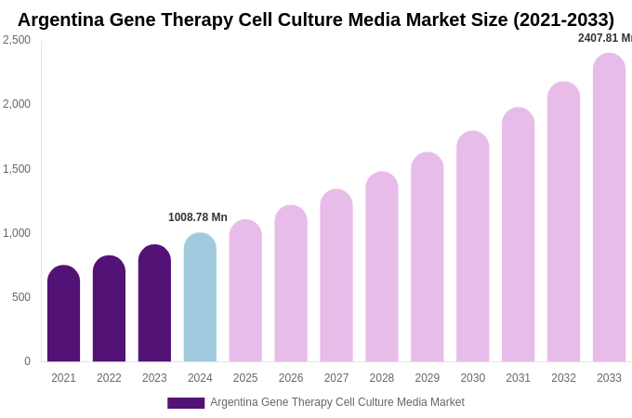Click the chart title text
(316, 20)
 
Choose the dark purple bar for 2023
(154, 304)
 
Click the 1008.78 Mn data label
(198, 217)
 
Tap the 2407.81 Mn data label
(604, 38)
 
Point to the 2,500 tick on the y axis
(17, 40)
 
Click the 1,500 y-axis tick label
(17, 169)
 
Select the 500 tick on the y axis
(20, 297)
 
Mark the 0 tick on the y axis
(27, 361)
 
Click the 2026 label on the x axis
(291, 378)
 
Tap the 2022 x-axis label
(109, 378)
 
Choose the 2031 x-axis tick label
(518, 378)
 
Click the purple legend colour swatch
(186, 403)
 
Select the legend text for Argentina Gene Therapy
(336, 402)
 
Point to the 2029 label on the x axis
(428, 378)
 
